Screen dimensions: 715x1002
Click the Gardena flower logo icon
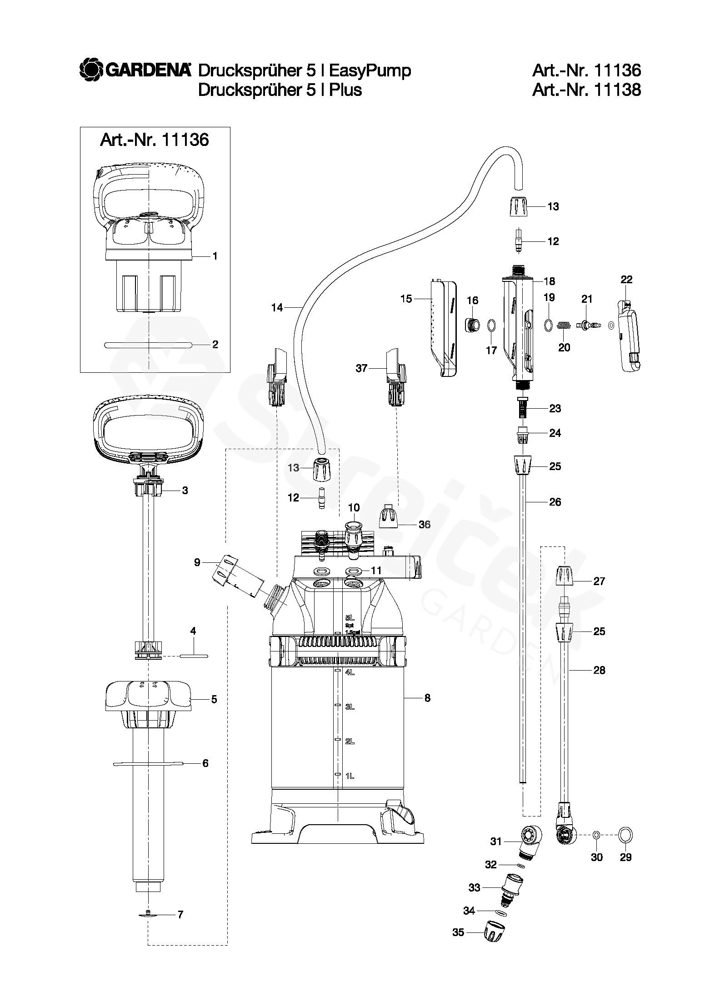coord(91,70)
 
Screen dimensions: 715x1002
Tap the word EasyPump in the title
coord(370,71)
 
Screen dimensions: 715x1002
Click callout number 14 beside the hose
coord(277,308)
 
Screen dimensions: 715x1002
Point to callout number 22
coord(626,280)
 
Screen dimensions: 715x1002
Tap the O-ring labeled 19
coord(548,325)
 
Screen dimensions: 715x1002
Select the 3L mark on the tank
coord(350,706)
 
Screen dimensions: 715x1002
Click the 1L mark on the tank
coord(350,776)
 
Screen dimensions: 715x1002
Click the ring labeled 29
coord(625,835)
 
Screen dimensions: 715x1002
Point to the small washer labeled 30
coord(597,835)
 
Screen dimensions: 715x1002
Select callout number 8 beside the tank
coord(427,698)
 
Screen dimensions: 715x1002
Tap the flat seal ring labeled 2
coord(148,345)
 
